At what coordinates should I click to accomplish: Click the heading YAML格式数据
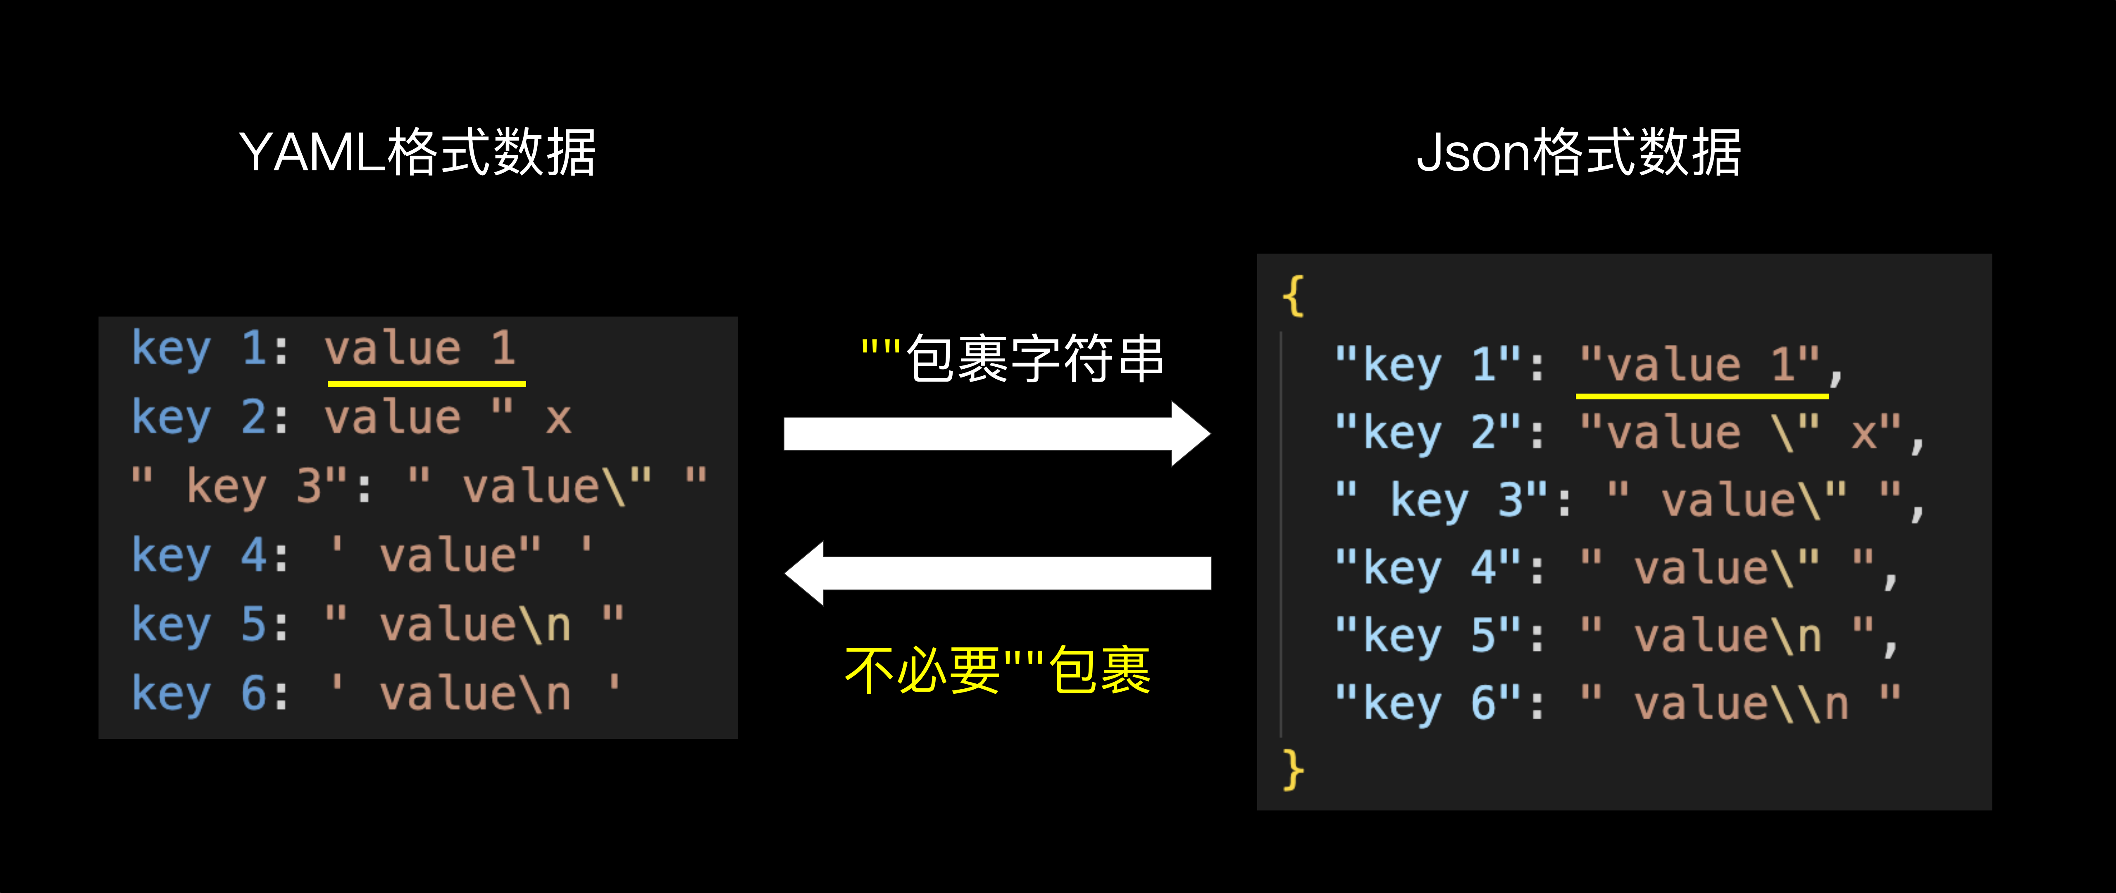(x=417, y=153)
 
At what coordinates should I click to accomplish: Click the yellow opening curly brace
(x=1293, y=296)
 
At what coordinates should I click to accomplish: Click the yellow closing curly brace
(x=1293, y=770)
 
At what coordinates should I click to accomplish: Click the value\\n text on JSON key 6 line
(x=1742, y=704)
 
